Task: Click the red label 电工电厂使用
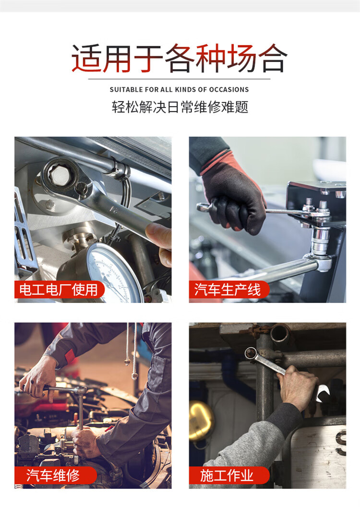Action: click(x=59, y=290)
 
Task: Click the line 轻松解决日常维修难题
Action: click(x=180, y=107)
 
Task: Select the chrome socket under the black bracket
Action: click(x=320, y=241)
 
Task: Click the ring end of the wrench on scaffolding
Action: click(x=251, y=353)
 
